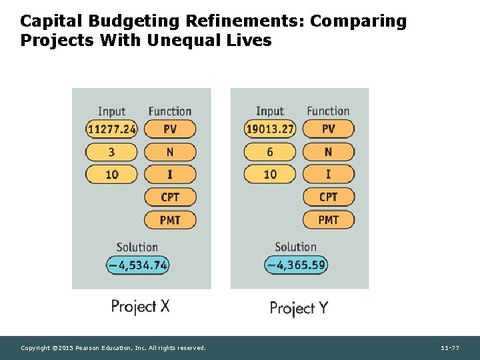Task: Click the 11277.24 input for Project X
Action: (111, 129)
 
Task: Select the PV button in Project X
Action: (170, 129)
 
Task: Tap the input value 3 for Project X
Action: (111, 152)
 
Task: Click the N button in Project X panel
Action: (170, 152)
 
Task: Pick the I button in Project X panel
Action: (170, 175)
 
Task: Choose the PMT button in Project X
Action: (170, 219)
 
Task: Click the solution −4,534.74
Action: (138, 265)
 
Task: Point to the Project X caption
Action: (140, 307)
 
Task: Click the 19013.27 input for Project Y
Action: (270, 129)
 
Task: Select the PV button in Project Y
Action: (328, 129)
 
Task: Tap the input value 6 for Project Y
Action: (270, 152)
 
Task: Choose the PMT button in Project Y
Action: (328, 219)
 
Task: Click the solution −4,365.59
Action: (296, 265)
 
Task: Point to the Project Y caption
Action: (299, 307)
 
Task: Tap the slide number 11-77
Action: (450, 348)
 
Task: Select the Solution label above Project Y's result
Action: (295, 247)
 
